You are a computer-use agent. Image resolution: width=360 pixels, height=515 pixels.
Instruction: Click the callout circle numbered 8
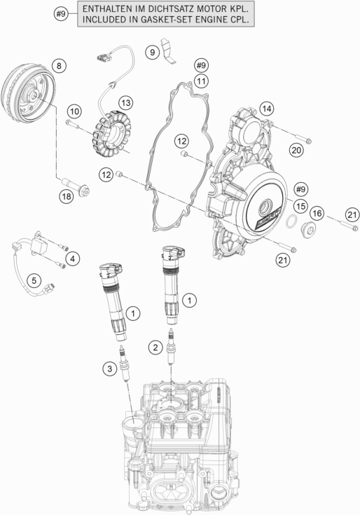[59, 66]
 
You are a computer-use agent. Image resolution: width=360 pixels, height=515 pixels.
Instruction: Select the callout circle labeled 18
[66, 197]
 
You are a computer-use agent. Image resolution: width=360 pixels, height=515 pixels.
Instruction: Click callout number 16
[317, 213]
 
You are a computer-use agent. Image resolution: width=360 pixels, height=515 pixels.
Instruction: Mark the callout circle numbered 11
[202, 82]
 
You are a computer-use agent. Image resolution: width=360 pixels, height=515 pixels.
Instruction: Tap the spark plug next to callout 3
[125, 364]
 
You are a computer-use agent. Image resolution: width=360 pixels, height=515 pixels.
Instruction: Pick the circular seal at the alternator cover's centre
[267, 209]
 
